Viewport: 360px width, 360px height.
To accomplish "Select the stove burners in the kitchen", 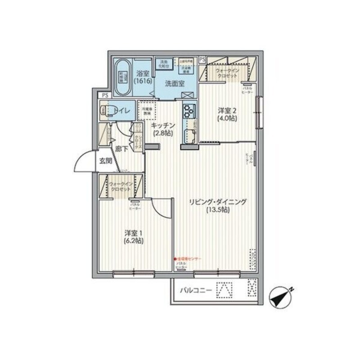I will (x=188, y=109).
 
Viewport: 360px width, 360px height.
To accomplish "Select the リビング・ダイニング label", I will (x=217, y=202).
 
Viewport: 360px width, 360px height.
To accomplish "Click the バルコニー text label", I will (x=196, y=291).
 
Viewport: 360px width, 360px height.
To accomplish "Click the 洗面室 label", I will (x=175, y=83).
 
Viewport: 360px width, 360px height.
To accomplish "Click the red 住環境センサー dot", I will (x=175, y=259).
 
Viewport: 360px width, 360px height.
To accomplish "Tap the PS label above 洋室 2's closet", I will (x=202, y=58).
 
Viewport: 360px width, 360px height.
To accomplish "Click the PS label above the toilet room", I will (x=105, y=95).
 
